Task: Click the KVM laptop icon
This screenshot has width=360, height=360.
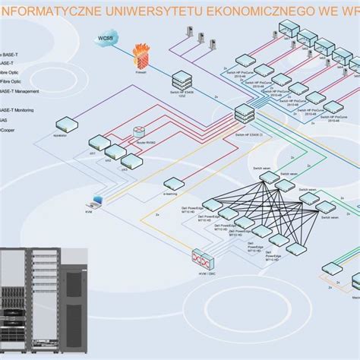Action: pyautogui.click(x=96, y=202)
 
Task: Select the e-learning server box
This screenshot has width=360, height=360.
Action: pyautogui.click(x=172, y=182)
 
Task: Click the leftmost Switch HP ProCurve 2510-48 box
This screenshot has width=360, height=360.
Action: pyautogui.click(x=248, y=62)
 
